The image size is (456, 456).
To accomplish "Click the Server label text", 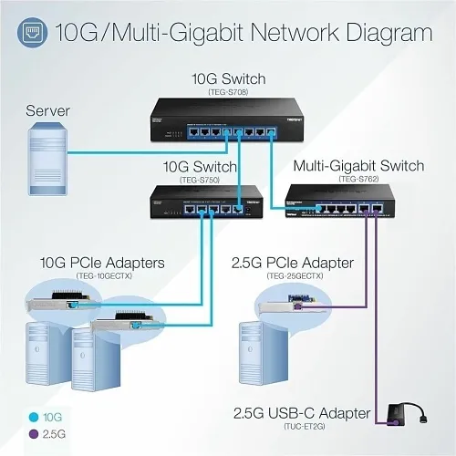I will (x=48, y=110).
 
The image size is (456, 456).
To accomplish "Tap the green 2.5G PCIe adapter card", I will (x=297, y=308).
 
